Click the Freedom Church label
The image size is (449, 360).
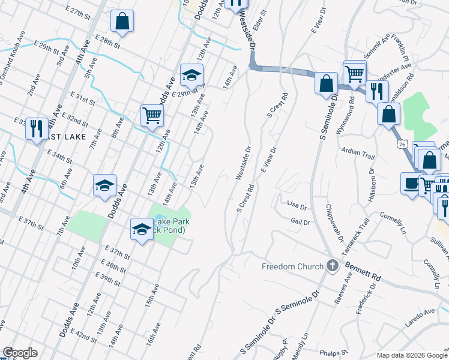292,266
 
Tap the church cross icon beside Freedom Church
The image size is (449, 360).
333,266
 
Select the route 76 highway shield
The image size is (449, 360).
401,144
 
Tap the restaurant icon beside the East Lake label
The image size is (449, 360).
37,128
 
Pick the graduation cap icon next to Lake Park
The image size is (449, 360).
142,229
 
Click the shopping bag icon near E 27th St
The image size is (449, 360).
122,22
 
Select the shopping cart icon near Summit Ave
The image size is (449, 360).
355,74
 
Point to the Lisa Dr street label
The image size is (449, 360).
297,205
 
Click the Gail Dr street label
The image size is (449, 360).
299,222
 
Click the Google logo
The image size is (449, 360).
20,353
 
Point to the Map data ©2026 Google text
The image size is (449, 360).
411,355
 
